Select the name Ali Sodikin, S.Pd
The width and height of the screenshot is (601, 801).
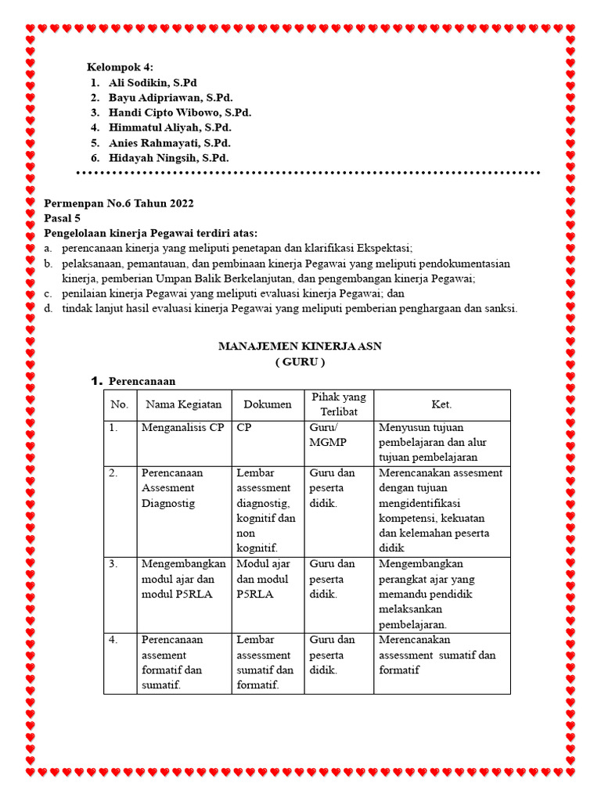tap(153, 82)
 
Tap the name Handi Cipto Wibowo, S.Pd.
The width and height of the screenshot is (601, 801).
tap(180, 113)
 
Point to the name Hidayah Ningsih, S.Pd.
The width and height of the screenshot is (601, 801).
tap(168, 158)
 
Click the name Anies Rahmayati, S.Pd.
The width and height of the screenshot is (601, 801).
tap(170, 143)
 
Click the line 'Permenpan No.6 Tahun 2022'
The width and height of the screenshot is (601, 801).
tap(118, 203)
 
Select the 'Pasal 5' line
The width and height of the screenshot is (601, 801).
tap(62, 218)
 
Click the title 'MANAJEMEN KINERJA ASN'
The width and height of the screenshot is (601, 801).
tap(300, 346)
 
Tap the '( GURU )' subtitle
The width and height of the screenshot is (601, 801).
tap(300, 362)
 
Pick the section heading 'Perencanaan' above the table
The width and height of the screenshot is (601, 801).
tap(142, 381)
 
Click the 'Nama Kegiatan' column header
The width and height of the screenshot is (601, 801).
tap(183, 404)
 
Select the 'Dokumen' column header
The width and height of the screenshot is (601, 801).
tap(268, 404)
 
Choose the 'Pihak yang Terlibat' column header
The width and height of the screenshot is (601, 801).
tap(339, 404)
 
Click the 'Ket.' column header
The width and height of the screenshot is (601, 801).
tap(441, 404)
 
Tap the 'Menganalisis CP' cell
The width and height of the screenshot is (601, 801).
tap(182, 428)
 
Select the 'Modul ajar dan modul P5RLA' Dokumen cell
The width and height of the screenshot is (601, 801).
tap(263, 579)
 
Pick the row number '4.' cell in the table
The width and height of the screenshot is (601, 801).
tap(114, 640)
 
